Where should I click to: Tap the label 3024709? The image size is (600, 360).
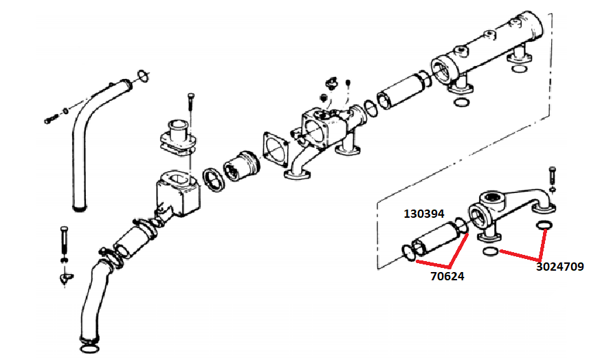559,267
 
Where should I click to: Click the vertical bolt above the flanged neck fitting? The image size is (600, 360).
190,107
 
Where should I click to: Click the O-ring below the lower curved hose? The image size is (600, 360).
89,349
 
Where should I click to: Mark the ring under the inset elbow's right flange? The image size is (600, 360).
544,228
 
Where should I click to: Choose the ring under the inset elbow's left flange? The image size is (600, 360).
491,253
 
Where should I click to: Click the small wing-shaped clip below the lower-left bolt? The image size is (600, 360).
65,278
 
